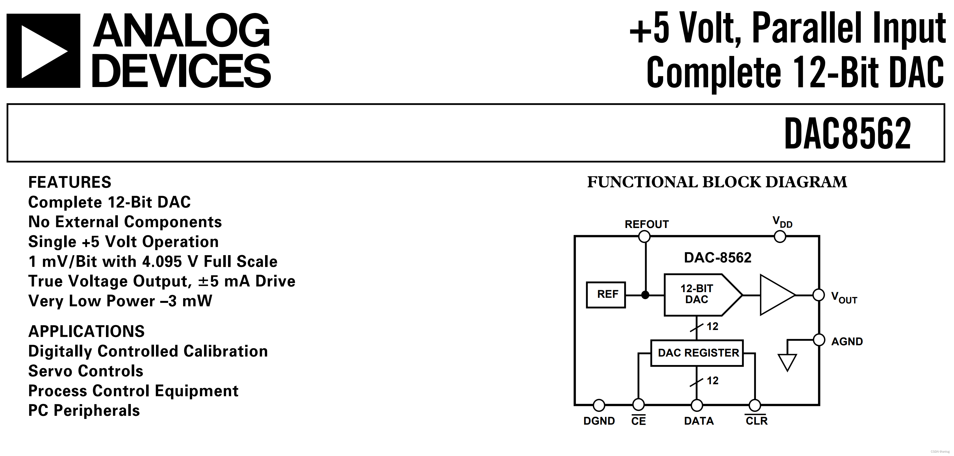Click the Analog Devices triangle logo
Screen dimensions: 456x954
[43, 51]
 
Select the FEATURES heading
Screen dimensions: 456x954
[70, 182]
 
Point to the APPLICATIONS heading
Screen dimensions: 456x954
[86, 331]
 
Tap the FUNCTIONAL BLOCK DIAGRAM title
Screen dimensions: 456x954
[717, 182]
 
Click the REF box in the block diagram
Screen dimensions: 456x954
[606, 295]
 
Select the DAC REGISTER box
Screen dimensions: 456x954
[697, 353]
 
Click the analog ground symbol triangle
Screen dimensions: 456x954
[787, 362]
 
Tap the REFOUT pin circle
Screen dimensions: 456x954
[645, 236]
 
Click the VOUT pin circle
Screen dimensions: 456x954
[819, 295]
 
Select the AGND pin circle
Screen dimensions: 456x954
[819, 340]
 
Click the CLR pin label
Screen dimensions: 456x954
[756, 421]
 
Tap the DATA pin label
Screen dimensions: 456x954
[699, 421]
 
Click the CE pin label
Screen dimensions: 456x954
[638, 421]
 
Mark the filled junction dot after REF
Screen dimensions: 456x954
[645, 295]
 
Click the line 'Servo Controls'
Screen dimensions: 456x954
[86, 371]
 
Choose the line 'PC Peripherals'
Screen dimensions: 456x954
[84, 411]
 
